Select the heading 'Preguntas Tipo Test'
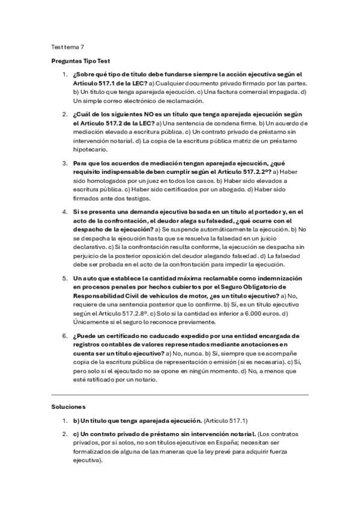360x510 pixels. (80, 61)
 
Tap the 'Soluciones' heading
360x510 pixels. (69, 407)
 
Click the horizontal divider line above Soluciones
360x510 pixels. (180, 395)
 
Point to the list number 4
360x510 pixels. (65, 211)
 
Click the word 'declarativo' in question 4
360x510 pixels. (90, 247)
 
